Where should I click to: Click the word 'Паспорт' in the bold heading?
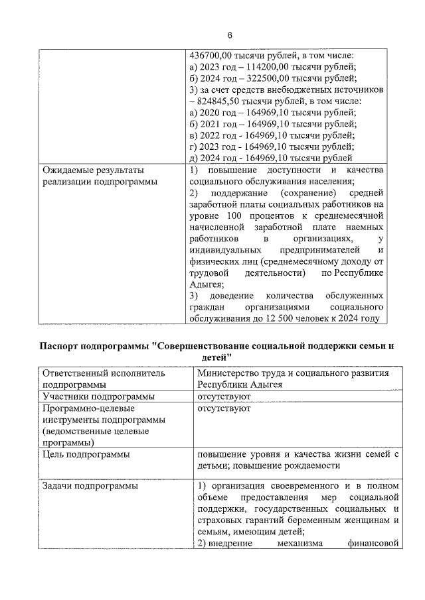(60, 346)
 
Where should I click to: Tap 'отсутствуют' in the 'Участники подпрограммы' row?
(224, 396)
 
